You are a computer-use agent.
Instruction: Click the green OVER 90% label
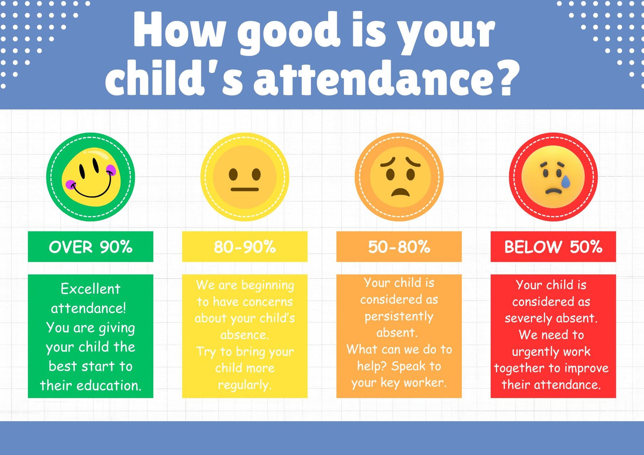(x=90, y=247)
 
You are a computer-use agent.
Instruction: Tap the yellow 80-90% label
(x=245, y=247)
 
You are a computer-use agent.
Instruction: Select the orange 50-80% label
(x=399, y=247)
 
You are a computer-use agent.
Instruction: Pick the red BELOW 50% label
(x=553, y=247)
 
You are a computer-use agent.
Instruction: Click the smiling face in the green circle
(x=91, y=177)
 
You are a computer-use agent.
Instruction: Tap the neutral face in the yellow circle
(x=245, y=177)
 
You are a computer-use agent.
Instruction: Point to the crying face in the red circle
(x=553, y=177)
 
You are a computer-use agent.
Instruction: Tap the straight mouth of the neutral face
(x=245, y=189)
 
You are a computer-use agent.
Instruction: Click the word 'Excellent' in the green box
(x=90, y=289)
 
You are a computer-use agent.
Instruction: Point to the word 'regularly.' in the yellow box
(x=244, y=385)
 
